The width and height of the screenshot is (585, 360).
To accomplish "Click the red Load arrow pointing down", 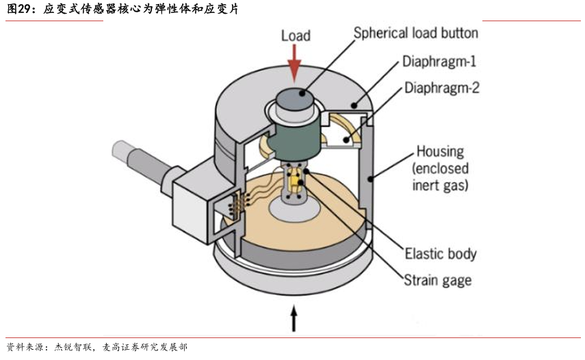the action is click(x=295, y=64).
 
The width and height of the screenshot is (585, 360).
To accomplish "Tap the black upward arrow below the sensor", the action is click(x=294, y=318).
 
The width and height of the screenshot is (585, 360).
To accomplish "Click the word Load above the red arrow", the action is click(x=296, y=36).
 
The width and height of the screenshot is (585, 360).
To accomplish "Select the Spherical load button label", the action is click(x=415, y=34).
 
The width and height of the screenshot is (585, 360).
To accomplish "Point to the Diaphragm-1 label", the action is click(x=439, y=61).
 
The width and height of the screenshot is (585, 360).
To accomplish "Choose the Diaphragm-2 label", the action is click(x=442, y=88).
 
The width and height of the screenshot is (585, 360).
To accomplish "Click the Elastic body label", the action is click(x=441, y=254).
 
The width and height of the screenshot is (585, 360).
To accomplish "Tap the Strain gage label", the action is click(x=438, y=280).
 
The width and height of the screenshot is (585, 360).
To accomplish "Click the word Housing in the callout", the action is click(x=440, y=151).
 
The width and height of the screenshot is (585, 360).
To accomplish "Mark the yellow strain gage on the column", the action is click(x=296, y=181).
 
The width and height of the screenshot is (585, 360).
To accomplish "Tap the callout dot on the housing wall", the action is click(x=370, y=179).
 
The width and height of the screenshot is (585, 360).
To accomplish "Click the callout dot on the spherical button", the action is click(x=302, y=92).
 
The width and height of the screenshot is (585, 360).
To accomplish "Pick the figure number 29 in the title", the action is click(x=24, y=9).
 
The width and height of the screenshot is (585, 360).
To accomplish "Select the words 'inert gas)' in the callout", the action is click(x=440, y=185).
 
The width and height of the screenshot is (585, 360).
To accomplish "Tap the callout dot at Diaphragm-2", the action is click(x=346, y=140).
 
